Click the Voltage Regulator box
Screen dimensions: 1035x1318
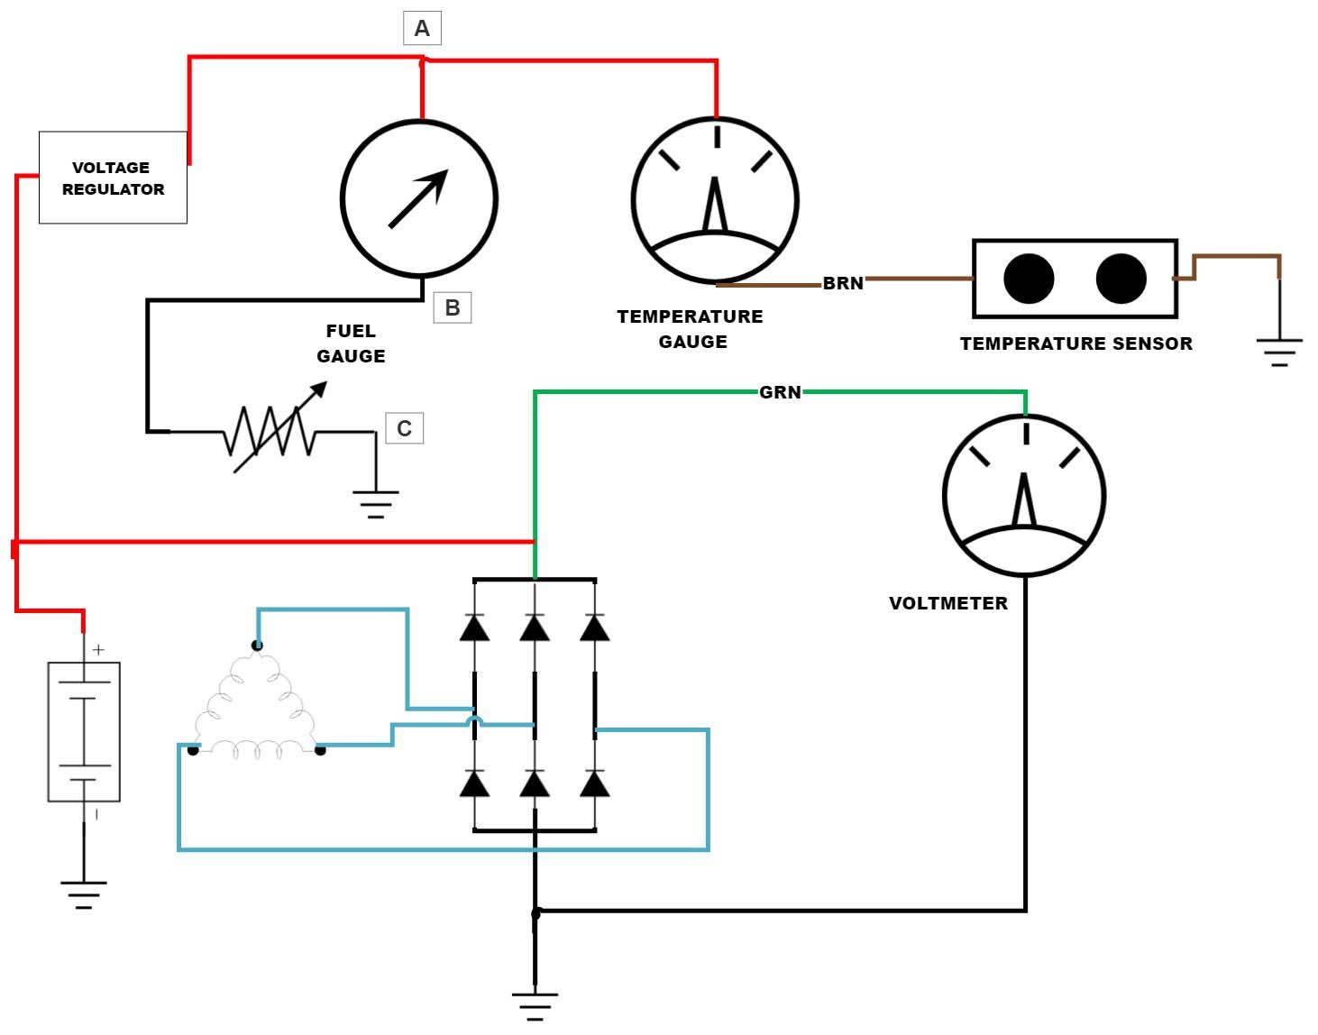pos(113,178)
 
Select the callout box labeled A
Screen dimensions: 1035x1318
pos(422,29)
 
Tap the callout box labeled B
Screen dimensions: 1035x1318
pos(453,308)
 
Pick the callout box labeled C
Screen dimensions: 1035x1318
pos(404,428)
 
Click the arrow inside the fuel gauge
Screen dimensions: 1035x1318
pos(418,198)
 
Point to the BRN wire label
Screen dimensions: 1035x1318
pos(843,283)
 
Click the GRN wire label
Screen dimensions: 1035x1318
pos(780,392)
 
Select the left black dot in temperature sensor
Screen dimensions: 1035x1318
pos(1029,279)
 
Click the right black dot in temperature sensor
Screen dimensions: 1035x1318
pos(1121,279)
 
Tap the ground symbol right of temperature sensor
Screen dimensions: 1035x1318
pos(1279,352)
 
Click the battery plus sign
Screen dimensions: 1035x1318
pos(98,649)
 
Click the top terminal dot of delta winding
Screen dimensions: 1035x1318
pos(257,645)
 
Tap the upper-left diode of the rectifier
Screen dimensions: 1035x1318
pos(474,627)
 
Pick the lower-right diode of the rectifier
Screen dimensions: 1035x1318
pos(594,784)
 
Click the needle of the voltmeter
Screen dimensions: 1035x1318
pos(1024,500)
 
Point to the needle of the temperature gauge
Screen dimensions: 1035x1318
pos(715,206)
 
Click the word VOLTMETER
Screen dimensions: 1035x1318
pos(948,603)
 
